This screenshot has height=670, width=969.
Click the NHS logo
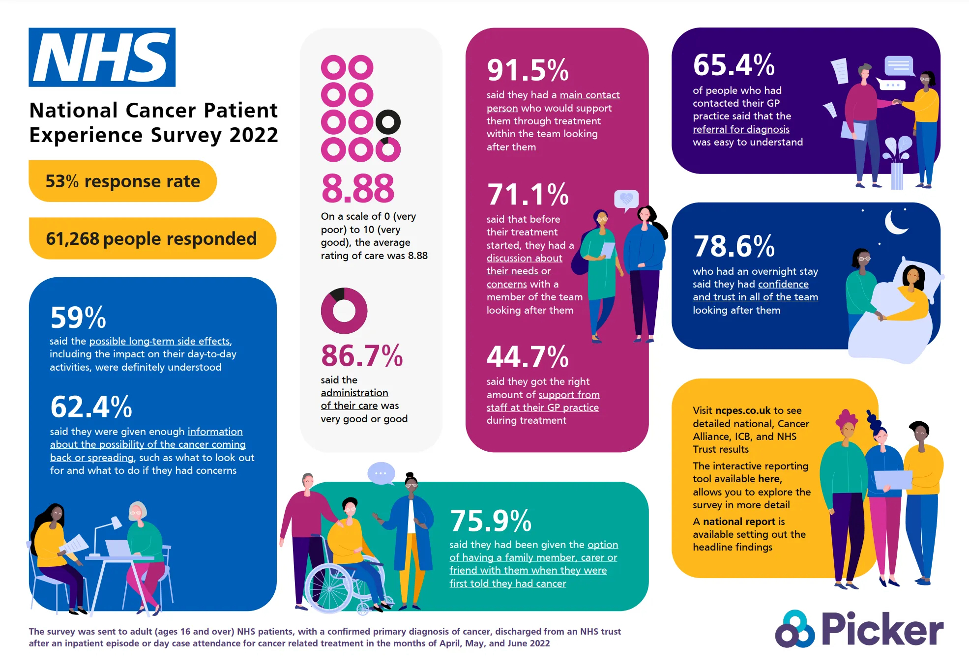click(x=102, y=57)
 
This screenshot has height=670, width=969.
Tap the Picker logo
click(x=859, y=629)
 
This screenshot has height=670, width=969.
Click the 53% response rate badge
click(x=122, y=181)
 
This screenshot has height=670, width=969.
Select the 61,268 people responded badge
click(x=152, y=238)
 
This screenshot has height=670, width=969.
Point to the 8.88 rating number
click(x=358, y=188)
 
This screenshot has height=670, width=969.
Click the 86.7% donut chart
click(x=344, y=311)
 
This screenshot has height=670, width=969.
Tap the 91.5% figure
click(x=528, y=70)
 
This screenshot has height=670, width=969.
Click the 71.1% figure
click(x=528, y=194)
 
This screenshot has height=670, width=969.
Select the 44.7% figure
click(x=528, y=356)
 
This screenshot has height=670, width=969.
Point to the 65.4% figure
click(x=734, y=65)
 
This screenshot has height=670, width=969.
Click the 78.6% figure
click(x=734, y=246)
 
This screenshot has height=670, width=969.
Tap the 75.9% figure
click(x=490, y=521)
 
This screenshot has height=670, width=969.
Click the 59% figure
click(x=78, y=318)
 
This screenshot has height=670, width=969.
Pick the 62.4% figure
click(x=91, y=407)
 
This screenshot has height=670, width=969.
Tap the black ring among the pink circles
click(x=388, y=122)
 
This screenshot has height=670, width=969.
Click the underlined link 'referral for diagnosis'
click(x=741, y=129)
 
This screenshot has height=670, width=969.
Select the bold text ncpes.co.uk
click(x=743, y=410)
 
